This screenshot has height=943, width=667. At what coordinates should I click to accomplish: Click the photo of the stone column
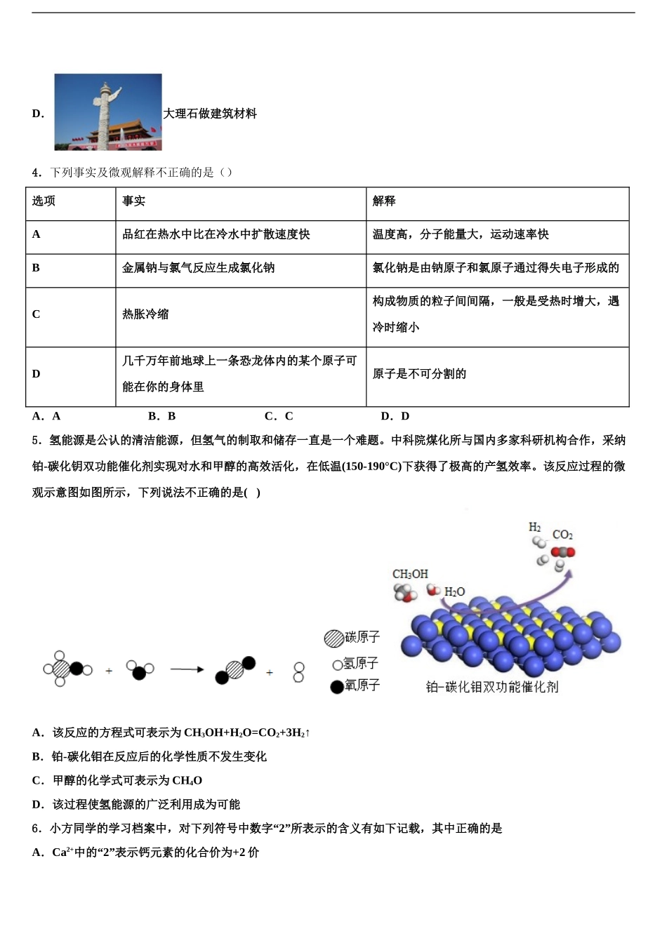pyautogui.click(x=108, y=112)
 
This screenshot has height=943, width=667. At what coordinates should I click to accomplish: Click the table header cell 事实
pyautogui.click(x=133, y=201)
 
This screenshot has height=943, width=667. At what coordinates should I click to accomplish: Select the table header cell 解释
pyautogui.click(x=384, y=201)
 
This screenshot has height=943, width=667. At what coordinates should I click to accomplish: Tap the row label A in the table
pyautogui.click(x=37, y=234)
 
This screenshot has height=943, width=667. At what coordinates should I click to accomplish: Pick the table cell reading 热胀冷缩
pyautogui.click(x=145, y=314)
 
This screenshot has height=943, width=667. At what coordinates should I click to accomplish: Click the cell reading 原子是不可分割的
pyautogui.click(x=419, y=374)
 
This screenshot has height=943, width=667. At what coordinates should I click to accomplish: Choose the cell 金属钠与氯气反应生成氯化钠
pyautogui.click(x=198, y=268)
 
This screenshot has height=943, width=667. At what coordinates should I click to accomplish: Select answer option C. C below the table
pyautogui.click(x=279, y=416)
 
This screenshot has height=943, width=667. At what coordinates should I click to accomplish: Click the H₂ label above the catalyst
pyautogui.click(x=535, y=527)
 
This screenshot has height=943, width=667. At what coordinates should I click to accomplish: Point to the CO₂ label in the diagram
pyautogui.click(x=562, y=535)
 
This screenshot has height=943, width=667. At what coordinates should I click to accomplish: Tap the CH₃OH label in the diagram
pyautogui.click(x=410, y=574)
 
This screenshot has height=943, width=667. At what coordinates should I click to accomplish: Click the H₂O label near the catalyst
pyautogui.click(x=454, y=592)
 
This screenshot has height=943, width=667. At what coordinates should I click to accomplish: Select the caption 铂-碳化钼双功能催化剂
pyautogui.click(x=492, y=688)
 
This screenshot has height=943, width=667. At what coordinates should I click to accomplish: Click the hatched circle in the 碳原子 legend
pyautogui.click(x=333, y=638)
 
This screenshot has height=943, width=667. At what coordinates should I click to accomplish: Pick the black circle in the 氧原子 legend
pyautogui.click(x=337, y=686)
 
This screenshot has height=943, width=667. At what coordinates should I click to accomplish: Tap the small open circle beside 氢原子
pyautogui.click(x=337, y=664)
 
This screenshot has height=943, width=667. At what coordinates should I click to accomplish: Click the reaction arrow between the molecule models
pyautogui.click(x=187, y=670)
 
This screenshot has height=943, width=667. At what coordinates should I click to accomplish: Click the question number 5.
pyautogui.click(x=36, y=441)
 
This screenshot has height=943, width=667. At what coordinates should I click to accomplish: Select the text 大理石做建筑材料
pyautogui.click(x=210, y=114)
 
